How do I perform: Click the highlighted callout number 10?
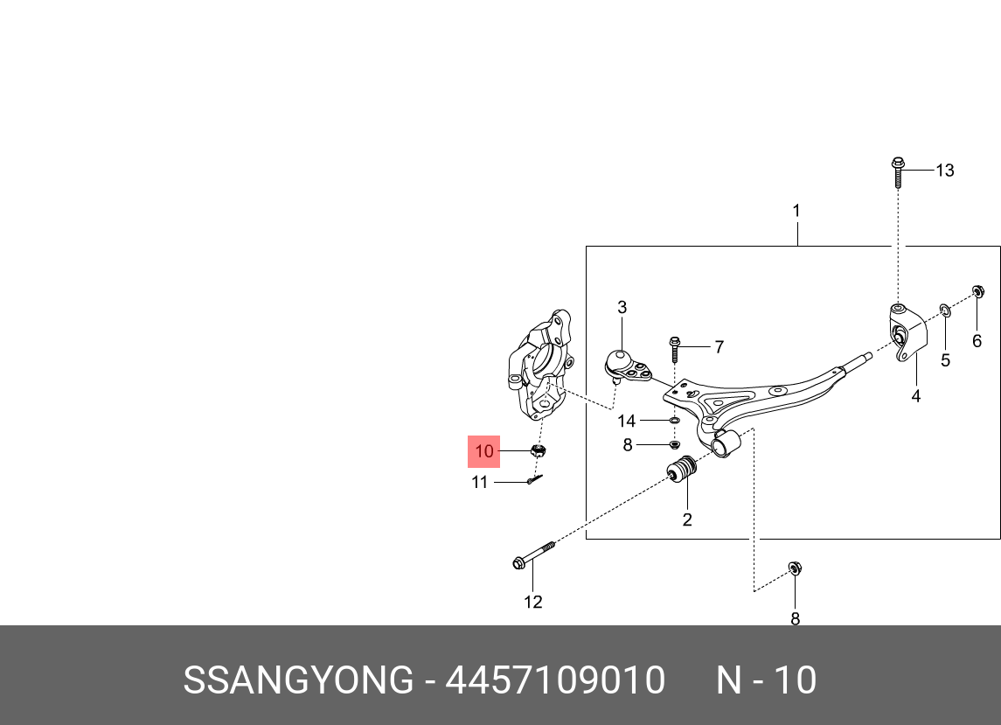pos(484,451)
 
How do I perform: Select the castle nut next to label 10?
pos(539,450)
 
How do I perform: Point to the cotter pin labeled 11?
pos(535,478)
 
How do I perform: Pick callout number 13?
pos(945,171)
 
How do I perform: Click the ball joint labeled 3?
pos(623,364)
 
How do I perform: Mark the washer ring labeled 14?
pos(675,422)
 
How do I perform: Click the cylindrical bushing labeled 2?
pos(681,471)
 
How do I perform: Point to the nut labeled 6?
pos(978,292)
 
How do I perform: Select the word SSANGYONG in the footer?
pos(297,680)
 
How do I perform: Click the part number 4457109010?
pos(555,680)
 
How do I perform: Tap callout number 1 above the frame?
pos(796,211)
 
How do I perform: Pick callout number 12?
pos(532,602)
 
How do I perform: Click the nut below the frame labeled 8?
pos(795,569)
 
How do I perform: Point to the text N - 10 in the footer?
pos(767,680)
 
